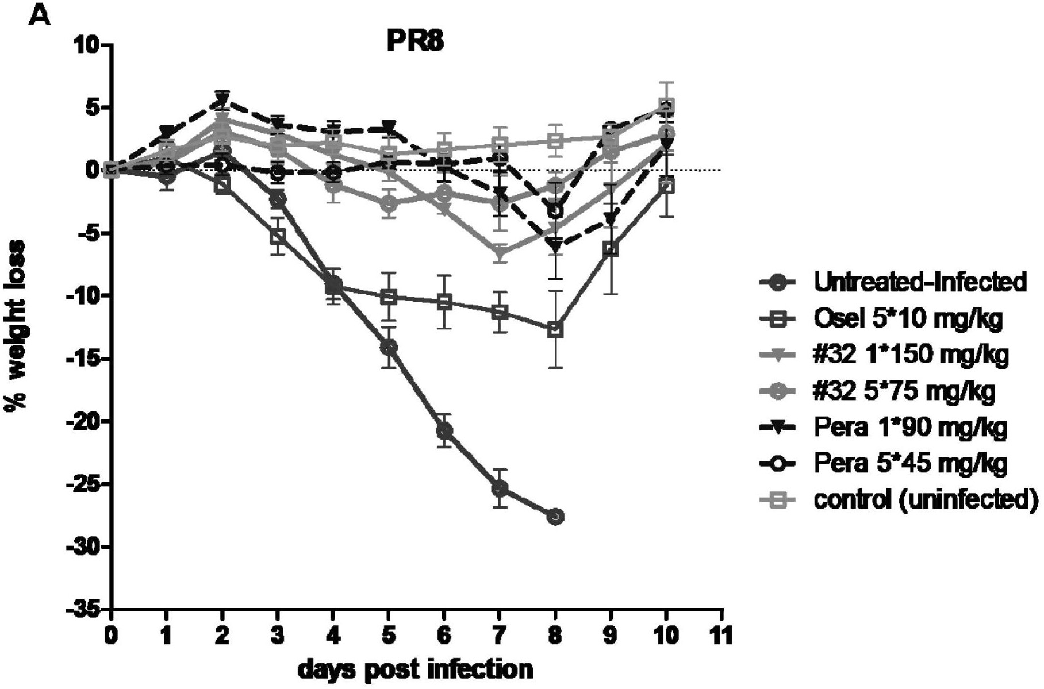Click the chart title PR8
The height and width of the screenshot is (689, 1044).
click(414, 41)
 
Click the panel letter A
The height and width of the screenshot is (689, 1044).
click(39, 16)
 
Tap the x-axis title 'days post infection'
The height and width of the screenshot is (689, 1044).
click(415, 669)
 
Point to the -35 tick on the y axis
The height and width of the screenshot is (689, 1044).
click(85, 610)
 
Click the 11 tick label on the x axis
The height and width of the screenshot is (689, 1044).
click(721, 636)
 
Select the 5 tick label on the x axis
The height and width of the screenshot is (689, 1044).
click(389, 636)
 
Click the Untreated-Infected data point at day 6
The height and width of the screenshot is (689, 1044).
click(444, 430)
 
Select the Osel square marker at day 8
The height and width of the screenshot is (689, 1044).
click(555, 330)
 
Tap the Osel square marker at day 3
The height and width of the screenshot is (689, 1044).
click(278, 236)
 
